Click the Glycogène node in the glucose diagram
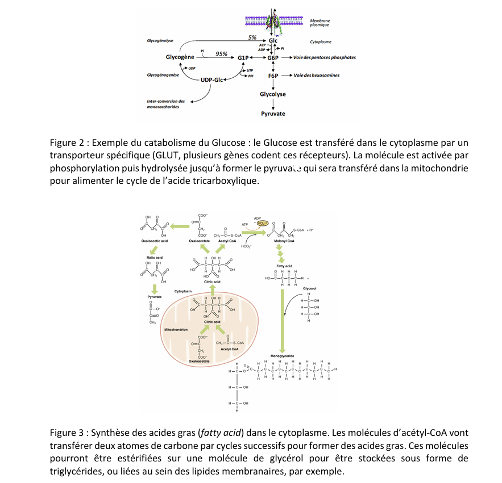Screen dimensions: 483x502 (x=180, y=57)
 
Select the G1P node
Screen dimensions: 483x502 (x=244, y=58)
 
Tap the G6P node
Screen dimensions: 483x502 (x=273, y=58)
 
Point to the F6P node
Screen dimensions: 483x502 (x=273, y=75)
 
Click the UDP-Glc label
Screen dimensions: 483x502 (x=211, y=79)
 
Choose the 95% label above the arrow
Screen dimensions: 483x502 (x=221, y=53)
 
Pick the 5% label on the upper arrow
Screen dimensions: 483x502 (x=252, y=37)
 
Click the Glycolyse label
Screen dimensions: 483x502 (x=273, y=94)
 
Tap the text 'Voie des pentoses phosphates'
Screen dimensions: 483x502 (x=325, y=58)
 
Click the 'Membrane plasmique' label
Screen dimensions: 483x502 (x=320, y=23)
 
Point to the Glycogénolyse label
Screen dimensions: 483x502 (x=160, y=41)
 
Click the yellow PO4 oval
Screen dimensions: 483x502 (x=262, y=224)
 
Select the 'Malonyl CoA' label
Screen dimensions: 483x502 (x=284, y=241)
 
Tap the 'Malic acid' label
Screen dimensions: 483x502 (x=155, y=258)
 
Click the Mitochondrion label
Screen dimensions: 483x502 (x=176, y=329)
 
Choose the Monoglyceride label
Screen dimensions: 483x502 (x=281, y=355)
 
